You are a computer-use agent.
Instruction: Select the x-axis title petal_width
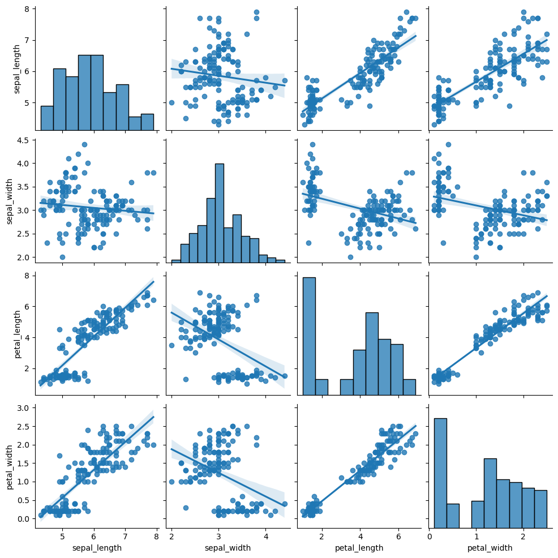490,547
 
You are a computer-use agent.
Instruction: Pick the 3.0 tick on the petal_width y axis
23,407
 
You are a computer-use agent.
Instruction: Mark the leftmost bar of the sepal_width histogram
176,261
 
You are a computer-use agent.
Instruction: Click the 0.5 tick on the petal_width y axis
23,500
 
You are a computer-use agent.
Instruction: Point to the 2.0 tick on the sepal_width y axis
23,257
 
